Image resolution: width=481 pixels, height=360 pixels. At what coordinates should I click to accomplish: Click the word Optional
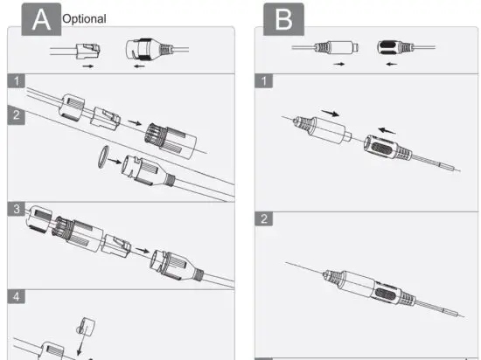pos(84,18)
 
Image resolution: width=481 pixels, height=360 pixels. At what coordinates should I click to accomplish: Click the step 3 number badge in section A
pos(17,210)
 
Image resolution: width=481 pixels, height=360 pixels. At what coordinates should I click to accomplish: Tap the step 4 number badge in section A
pos(17,296)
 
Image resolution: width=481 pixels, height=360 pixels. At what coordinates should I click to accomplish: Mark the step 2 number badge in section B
pos(265,218)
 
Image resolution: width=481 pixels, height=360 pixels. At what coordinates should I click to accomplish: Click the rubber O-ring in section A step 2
pos(102,156)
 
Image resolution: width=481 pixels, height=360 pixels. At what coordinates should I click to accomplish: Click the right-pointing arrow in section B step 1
pos(329,114)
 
